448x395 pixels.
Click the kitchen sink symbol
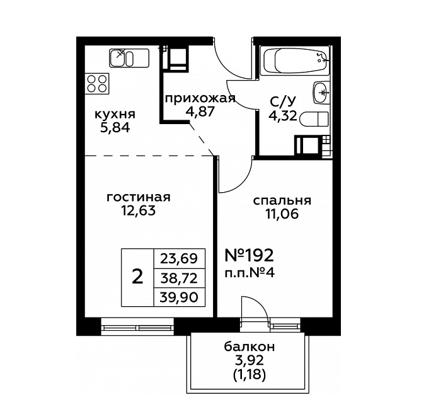click(129, 58)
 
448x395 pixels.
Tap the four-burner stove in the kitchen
click(97, 84)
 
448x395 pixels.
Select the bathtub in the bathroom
click(297, 61)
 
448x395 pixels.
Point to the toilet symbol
click(314, 119)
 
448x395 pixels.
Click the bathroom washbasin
click(322, 93)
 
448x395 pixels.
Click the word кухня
click(115, 114)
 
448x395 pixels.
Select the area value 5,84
click(115, 128)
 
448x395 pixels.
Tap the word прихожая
click(200, 98)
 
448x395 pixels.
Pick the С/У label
click(283, 101)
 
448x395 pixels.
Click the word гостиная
click(138, 197)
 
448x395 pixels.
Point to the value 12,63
click(139, 211)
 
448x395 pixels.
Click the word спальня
click(282, 200)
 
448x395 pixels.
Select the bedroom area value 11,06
click(282, 214)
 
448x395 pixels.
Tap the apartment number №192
click(250, 255)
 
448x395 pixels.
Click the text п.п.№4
click(250, 273)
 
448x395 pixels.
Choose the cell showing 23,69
click(179, 259)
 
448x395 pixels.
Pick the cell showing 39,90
click(179, 297)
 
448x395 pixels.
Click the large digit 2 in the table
click(138, 277)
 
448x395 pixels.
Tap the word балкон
click(250, 346)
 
